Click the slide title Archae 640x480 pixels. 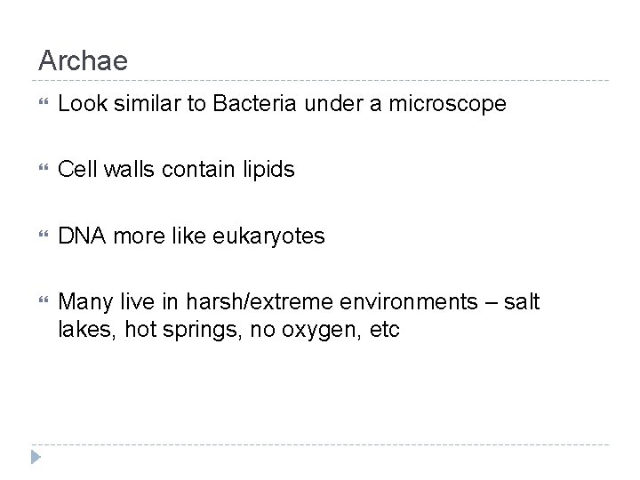coord(83,61)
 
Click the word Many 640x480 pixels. coord(83,302)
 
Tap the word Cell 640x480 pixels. coord(75,170)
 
